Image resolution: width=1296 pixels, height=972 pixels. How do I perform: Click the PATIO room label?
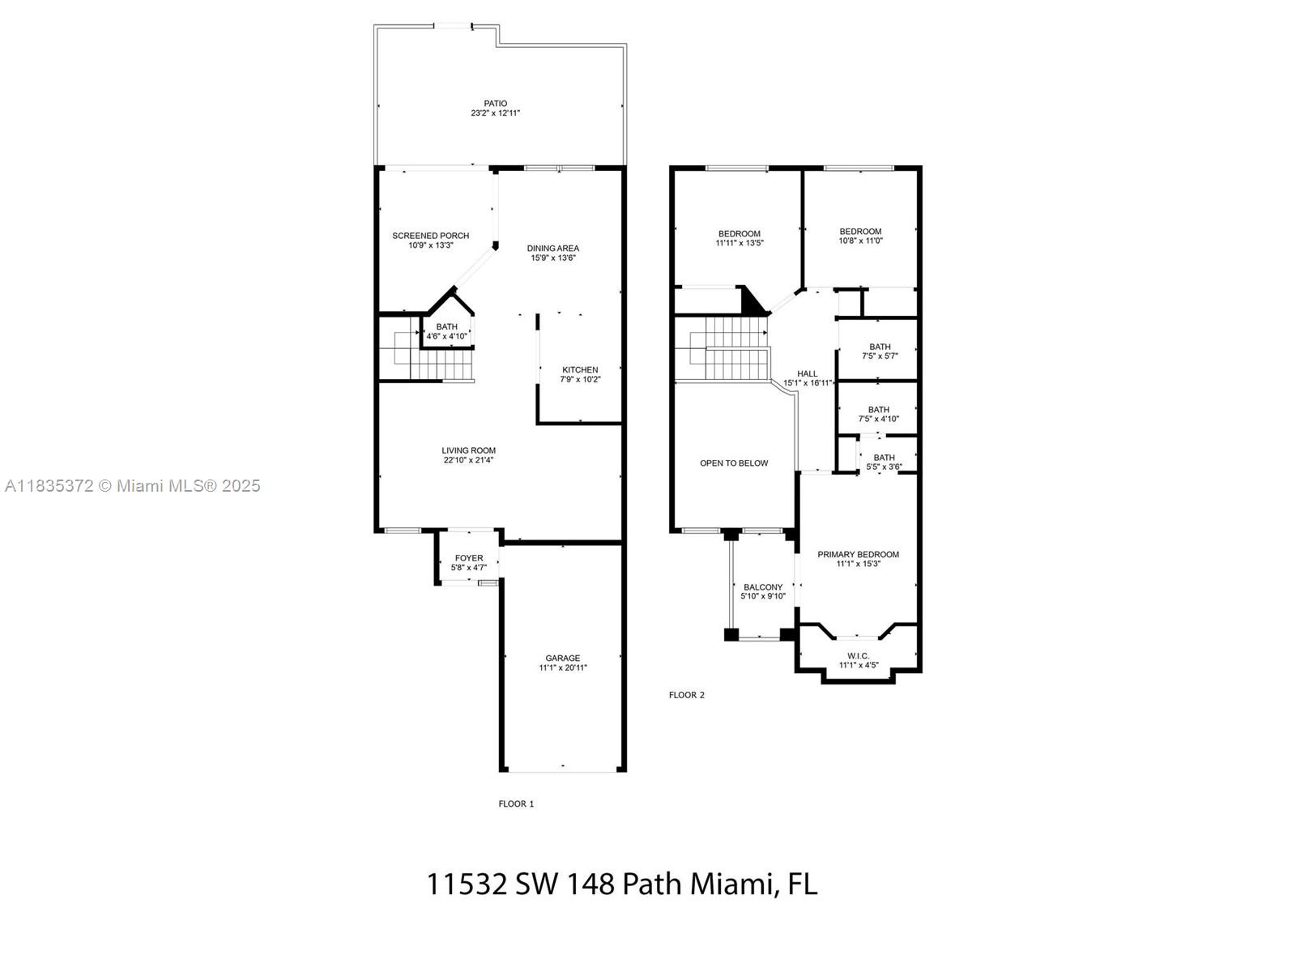[496, 104]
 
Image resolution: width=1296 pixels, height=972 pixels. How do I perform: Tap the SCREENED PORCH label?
[430, 236]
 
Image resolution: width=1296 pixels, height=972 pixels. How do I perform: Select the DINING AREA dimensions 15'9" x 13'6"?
[553, 258]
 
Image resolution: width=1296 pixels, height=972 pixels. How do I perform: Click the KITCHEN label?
[580, 370]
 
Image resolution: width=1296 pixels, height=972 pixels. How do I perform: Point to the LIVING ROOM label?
[468, 450]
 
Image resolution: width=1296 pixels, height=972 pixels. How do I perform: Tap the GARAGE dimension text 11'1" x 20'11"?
[563, 668]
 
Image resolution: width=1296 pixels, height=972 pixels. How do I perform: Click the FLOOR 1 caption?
[516, 804]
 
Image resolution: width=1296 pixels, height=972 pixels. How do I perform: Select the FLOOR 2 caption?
[686, 695]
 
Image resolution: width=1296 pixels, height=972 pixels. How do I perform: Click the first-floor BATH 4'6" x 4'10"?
[446, 331]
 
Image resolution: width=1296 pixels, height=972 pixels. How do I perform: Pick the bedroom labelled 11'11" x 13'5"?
[739, 238]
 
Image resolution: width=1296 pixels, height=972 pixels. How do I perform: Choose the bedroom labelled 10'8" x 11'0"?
[860, 236]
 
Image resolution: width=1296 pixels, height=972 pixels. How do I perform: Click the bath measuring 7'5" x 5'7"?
[879, 351]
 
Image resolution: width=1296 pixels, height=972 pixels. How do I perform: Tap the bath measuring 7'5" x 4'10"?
[879, 414]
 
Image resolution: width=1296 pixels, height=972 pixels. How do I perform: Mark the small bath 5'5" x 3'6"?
[884, 462]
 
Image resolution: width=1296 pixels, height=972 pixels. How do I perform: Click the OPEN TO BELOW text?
[734, 463]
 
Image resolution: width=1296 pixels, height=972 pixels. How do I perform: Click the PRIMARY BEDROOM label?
[858, 555]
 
